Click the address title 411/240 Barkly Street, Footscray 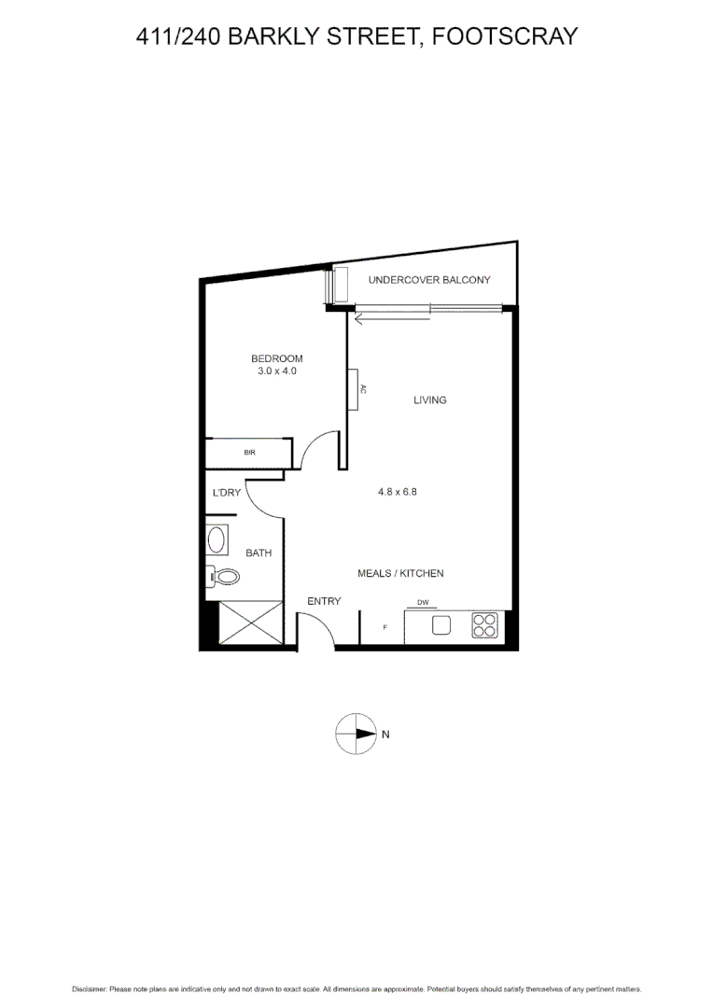tap(356, 36)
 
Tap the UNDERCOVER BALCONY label tap(429, 280)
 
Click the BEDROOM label tap(277, 358)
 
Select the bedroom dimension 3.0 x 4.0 tap(277, 371)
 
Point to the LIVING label tap(430, 400)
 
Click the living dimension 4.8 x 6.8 tap(397, 492)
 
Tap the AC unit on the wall tap(355, 389)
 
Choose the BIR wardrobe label tap(249, 453)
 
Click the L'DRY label tap(227, 493)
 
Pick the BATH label tap(259, 553)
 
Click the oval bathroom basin tap(217, 540)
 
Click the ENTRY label tap(324, 601)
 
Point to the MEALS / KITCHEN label tap(400, 573)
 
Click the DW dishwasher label tap(423, 602)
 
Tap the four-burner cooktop tap(484, 624)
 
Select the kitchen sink tap(441, 624)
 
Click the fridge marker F tap(385, 627)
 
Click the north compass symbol tap(355, 734)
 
